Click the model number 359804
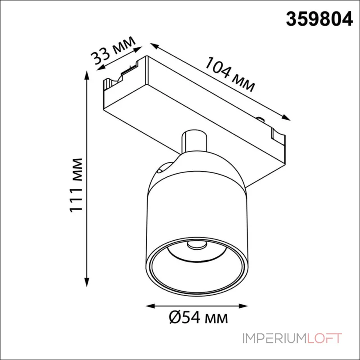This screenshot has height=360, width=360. pos(319,19)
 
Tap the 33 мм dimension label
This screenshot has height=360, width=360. pos(113,50)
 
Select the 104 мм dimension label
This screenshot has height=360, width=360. pos(230,74)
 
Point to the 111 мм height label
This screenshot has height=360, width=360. pos(76,185)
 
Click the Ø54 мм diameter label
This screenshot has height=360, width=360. pos(198,318)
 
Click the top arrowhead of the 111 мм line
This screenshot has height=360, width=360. pos(86,75)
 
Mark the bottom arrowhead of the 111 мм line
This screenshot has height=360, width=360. pos(86,282)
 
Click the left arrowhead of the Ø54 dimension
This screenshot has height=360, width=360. pos(151,306)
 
